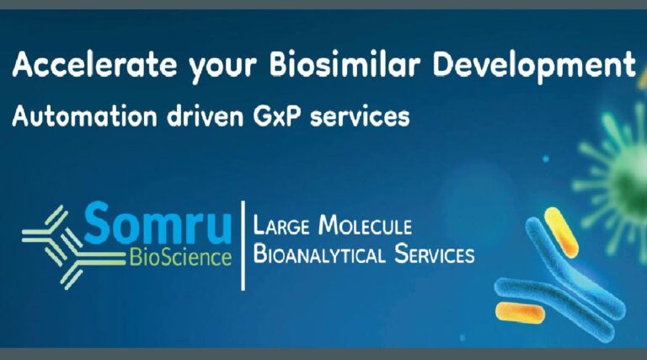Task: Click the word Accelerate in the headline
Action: pyautogui.click(x=95, y=65)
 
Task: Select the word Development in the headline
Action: pyautogui.click(x=534, y=64)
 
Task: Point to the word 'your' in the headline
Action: pyautogui.click(x=223, y=69)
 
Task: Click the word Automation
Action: pyautogui.click(x=84, y=116)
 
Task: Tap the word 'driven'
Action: pyautogui.click(x=206, y=116)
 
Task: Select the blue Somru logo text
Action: pyautogui.click(x=158, y=223)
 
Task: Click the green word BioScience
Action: pyautogui.click(x=181, y=257)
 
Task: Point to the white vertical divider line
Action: pyautogui.click(x=243, y=245)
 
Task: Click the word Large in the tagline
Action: pyautogui.click(x=281, y=226)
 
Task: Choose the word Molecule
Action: pyautogui.click(x=366, y=225)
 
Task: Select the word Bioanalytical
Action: pyautogui.click(x=319, y=254)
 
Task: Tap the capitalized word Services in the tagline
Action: pyautogui.click(x=435, y=254)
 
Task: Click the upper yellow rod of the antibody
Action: pyautogui.click(x=561, y=233)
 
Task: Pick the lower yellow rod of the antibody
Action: pyautogui.click(x=520, y=313)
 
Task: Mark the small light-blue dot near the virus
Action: pyautogui.click(x=546, y=159)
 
